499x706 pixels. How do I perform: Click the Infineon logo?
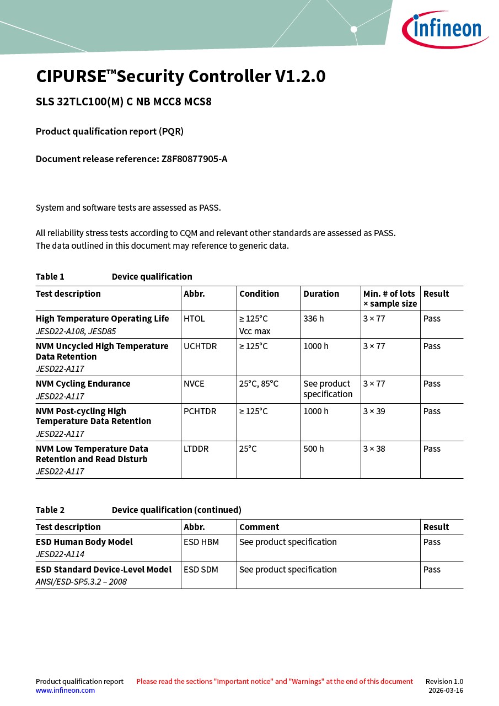[445, 28]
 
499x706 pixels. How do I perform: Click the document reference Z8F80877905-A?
[194, 159]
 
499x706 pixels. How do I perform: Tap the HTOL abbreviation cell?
[194, 318]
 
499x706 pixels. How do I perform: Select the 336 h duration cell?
[314, 318]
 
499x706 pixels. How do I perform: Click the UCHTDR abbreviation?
[200, 346]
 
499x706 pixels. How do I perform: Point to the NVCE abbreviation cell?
[194, 383]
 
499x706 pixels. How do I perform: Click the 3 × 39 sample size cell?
[374, 411]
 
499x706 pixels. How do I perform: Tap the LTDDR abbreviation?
[196, 448]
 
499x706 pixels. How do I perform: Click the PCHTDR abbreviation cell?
[200, 411]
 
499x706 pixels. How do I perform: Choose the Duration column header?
[321, 293]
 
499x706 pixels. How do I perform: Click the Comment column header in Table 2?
[259, 527]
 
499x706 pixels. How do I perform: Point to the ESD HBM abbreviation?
[201, 542]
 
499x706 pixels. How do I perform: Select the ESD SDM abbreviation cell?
[201, 569]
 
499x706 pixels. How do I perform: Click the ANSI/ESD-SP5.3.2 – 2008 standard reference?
[81, 581]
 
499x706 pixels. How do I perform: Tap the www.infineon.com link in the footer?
[65, 690]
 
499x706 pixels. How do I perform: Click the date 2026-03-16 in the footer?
[446, 690]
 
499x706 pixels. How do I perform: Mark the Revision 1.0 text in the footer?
[444, 681]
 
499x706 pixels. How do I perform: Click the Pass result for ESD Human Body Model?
[432, 542]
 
